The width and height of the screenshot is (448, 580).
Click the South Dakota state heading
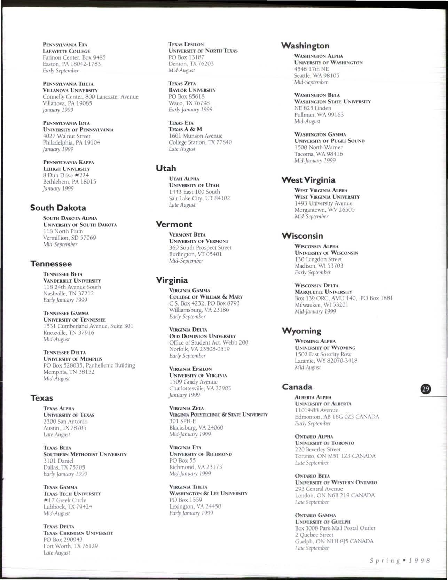click(x=58, y=208)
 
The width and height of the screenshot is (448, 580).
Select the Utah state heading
click(x=166, y=168)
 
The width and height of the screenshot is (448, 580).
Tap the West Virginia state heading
click(x=308, y=180)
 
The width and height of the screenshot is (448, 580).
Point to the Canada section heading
click(x=297, y=387)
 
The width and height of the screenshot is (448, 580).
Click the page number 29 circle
click(x=426, y=389)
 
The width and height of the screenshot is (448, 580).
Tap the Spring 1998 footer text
click(x=400, y=560)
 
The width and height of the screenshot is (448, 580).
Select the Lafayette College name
click(x=66, y=51)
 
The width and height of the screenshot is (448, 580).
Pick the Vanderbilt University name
click(x=72, y=280)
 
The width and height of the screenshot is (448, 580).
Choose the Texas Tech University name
click(x=72, y=494)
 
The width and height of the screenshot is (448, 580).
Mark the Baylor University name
click(x=192, y=90)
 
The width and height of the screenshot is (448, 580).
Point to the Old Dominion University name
click(x=202, y=336)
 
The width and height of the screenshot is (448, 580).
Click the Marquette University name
click(x=323, y=292)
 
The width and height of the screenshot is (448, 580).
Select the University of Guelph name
click(x=322, y=522)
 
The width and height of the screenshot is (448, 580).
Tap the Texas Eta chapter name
click(x=181, y=123)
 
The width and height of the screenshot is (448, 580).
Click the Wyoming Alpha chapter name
click(x=315, y=341)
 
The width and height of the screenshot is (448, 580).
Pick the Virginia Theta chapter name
click(x=188, y=487)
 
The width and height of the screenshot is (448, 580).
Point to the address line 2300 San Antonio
click(x=65, y=422)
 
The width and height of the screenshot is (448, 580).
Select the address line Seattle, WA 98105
click(x=316, y=76)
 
